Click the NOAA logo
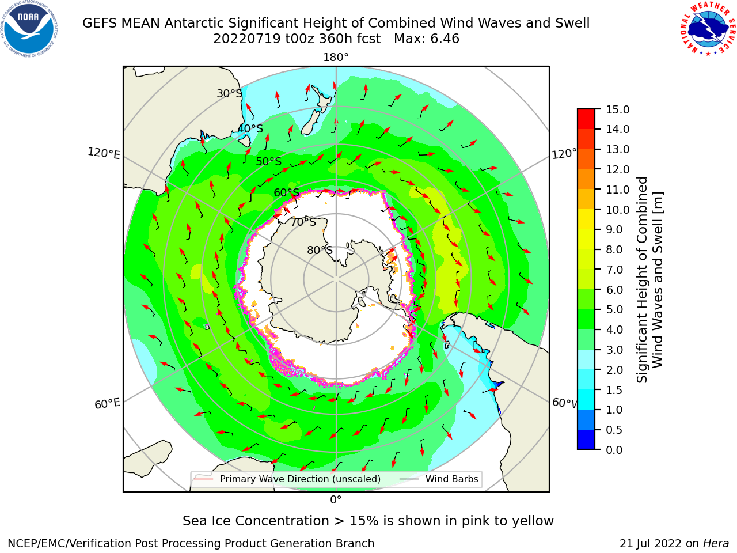click(29, 29)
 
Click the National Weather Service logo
click(708, 29)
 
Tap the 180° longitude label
click(336, 58)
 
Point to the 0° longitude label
click(336, 500)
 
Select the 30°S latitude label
click(229, 93)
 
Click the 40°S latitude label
click(250, 128)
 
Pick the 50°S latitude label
click(269, 161)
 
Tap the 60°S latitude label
click(286, 192)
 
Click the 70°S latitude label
click(303, 222)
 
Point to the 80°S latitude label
click(320, 250)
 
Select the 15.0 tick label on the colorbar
click(617, 109)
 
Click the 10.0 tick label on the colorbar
click(617, 210)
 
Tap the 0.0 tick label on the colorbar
click(614, 450)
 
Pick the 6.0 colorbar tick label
click(614, 290)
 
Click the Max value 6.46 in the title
click(445, 39)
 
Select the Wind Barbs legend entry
click(439, 479)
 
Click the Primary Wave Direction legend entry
click(288, 479)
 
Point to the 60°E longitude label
click(107, 403)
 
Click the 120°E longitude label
click(104, 153)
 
